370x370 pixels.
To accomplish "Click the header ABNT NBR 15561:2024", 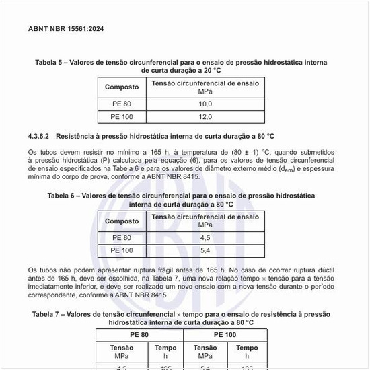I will click(x=66, y=29).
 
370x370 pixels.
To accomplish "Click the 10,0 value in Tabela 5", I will click(x=205, y=104).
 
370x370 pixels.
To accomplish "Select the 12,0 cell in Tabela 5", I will click(x=205, y=117).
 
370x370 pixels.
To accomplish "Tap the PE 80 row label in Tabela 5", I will click(x=122, y=104).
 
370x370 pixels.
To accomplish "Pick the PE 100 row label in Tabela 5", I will click(x=122, y=117).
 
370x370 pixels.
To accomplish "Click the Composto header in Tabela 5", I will click(x=122, y=87).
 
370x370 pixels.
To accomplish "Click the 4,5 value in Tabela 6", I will click(x=205, y=238).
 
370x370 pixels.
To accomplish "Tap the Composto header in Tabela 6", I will click(x=122, y=221).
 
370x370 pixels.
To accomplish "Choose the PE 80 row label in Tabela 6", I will click(x=122, y=238).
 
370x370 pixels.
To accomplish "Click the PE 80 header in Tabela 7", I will click(x=139, y=334).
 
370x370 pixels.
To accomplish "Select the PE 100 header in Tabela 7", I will click(x=225, y=334).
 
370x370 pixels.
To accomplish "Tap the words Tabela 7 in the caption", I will click(x=49, y=314).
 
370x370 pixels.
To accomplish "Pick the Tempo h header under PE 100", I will click(x=247, y=351).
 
